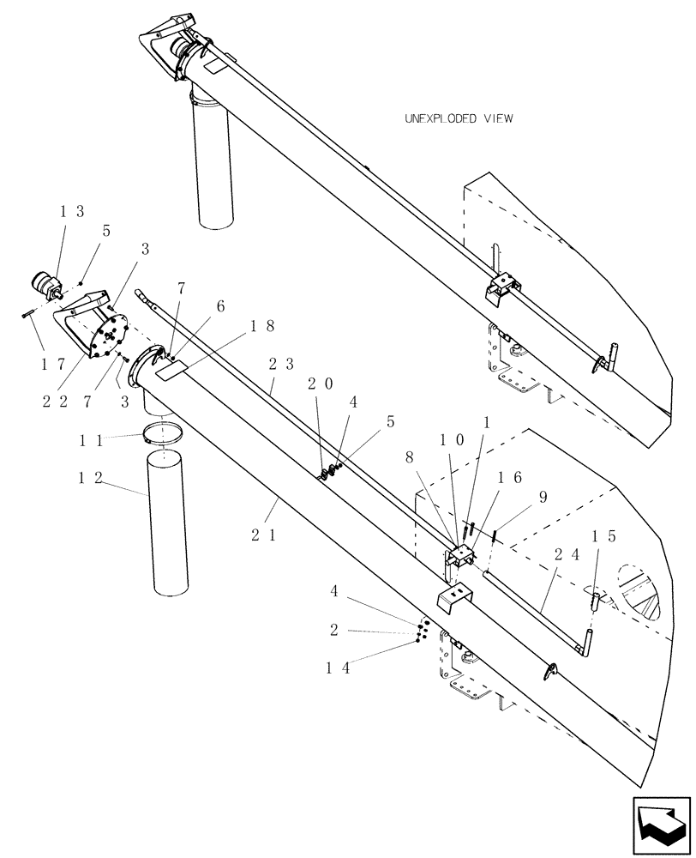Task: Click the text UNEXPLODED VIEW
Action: point(459,119)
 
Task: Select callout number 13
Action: point(72,212)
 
